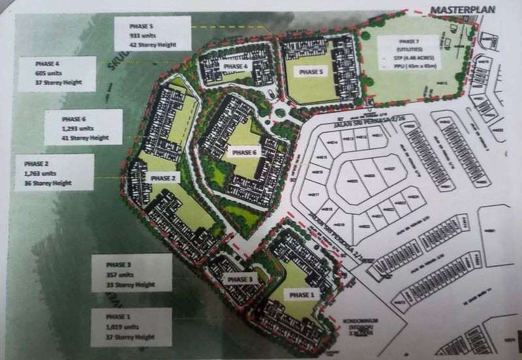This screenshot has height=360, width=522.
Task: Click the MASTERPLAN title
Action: click(464, 9)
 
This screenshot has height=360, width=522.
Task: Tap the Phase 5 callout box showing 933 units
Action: click(152, 33)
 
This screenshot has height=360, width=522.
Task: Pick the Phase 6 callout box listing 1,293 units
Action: click(84, 127)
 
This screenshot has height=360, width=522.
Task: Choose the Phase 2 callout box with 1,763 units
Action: click(55, 172)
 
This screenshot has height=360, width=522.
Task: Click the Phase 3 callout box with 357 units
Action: click(132, 273)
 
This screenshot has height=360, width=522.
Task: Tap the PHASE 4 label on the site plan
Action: click(236, 67)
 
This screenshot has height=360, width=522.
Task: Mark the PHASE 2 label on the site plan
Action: click(162, 178)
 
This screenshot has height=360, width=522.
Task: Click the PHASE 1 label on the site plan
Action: click(301, 295)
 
